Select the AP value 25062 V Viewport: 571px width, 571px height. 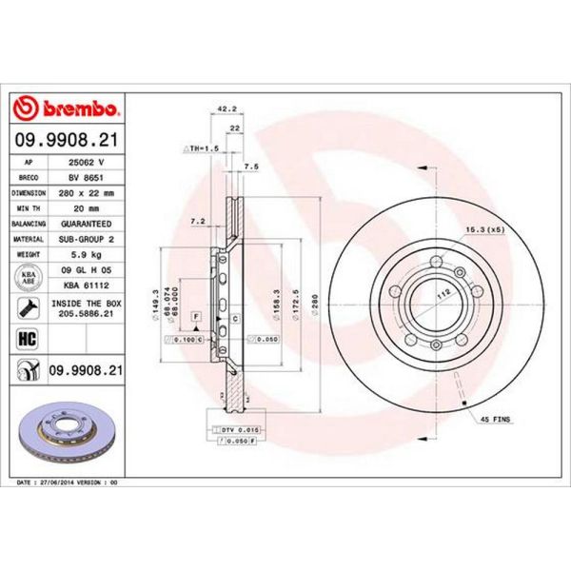point(87,162)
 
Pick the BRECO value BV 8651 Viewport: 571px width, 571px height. point(87,178)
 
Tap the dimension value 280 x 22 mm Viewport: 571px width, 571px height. point(87,193)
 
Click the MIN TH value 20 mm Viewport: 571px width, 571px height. point(87,209)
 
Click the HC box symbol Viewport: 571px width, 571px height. point(28,336)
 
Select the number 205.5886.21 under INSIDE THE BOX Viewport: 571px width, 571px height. point(87,313)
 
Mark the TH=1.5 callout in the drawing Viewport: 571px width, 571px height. point(201,149)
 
